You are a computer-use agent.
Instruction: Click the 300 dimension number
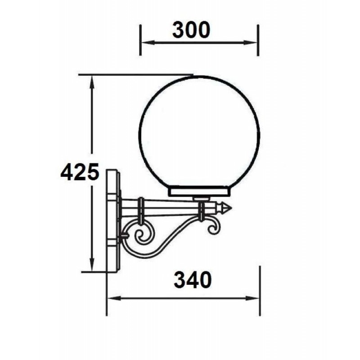point(191,30)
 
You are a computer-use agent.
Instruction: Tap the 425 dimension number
point(80,171)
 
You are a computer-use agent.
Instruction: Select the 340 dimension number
point(193,279)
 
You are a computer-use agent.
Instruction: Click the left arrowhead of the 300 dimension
point(147,42)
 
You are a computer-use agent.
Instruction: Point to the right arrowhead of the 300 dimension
point(251,42)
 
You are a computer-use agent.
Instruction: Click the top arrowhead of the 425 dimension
point(92,82)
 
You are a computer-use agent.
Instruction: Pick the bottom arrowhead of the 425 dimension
point(92,265)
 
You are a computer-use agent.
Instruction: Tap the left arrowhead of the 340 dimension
point(114,298)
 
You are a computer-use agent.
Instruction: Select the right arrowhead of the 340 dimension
point(252,298)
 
